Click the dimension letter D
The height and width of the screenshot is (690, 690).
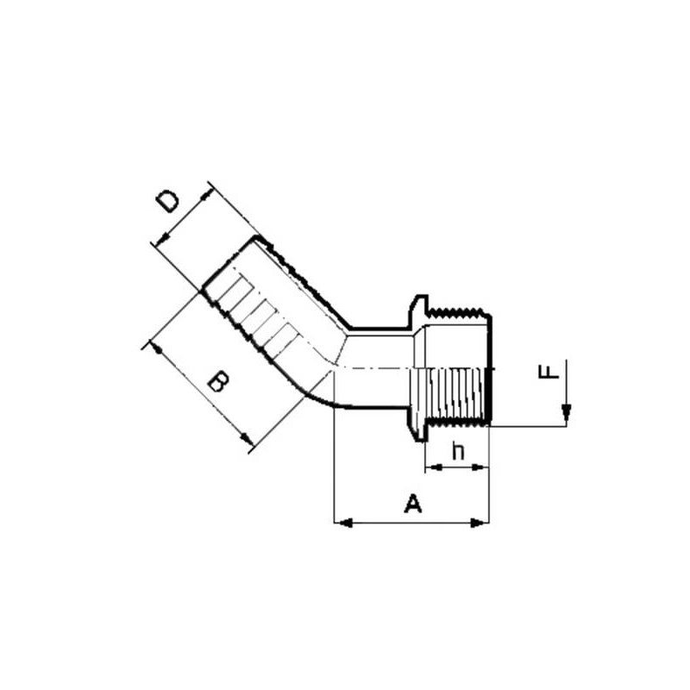(168, 202)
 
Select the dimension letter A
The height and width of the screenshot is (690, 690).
(413, 504)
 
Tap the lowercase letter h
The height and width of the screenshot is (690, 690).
(458, 451)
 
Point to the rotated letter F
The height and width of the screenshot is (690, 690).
(549, 370)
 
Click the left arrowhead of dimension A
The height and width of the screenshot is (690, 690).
(343, 523)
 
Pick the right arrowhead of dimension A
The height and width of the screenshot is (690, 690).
(480, 523)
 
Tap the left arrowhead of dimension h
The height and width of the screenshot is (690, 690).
(434, 467)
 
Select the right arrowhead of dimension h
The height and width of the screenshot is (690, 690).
(480, 467)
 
